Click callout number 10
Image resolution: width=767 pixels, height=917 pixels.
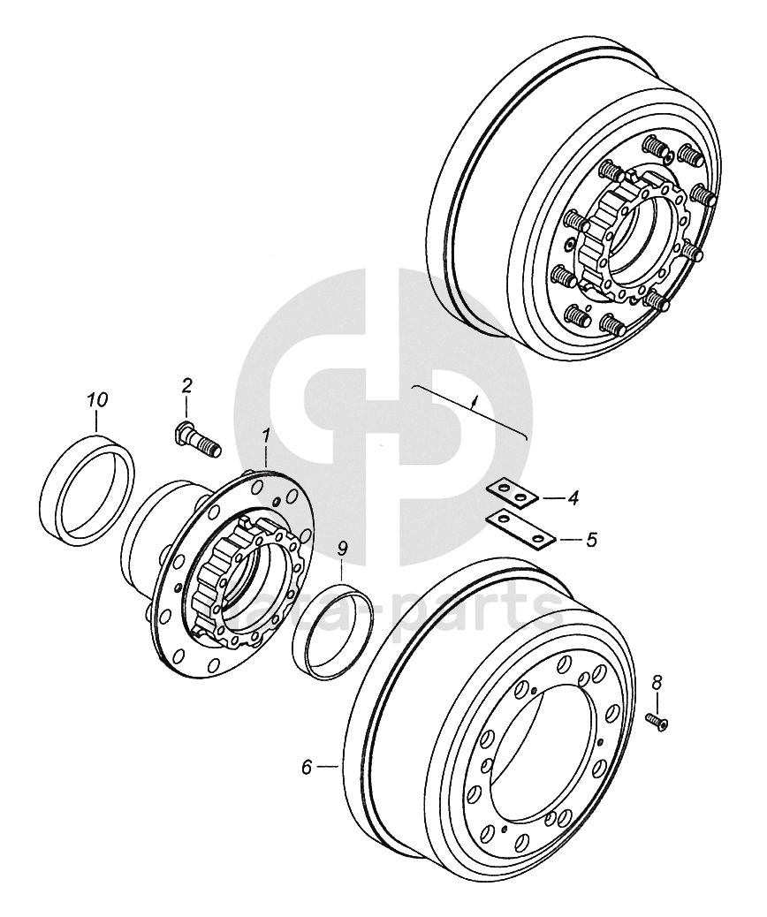[97, 400]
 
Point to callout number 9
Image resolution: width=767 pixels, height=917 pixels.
[343, 549]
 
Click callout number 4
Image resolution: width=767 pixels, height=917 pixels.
[573, 499]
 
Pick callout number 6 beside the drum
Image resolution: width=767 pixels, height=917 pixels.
[307, 768]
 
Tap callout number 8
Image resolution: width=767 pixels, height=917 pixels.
[657, 682]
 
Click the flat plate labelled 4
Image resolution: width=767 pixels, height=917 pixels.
[512, 496]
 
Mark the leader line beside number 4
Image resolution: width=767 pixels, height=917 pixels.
[552, 499]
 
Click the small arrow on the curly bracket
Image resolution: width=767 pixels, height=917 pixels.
[475, 402]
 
